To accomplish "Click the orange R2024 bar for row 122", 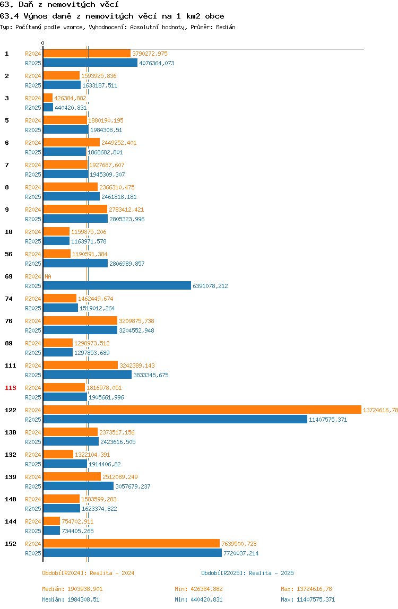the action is coord(202,410).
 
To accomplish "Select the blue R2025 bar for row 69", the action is coord(117,286).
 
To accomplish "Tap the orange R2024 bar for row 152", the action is coord(132,543).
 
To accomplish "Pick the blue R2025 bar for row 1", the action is coord(90,63).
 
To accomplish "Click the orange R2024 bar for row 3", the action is coord(48,98).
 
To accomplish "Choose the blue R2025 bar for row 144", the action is coord(51,530).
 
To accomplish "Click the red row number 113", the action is coord(11,388).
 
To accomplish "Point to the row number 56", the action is coord(8,254).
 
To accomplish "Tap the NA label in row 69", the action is coord(48,276).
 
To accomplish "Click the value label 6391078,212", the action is coord(210,286).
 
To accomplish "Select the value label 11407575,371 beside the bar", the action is coord(328,420).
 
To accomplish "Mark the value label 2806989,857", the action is coord(127,264).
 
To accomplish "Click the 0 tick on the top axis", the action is coord(43,43).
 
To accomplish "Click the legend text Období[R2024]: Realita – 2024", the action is coord(88,573).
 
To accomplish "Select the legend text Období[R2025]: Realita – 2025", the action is coord(248,573).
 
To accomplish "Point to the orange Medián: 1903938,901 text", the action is coord(72,589).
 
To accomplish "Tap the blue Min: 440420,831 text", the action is coord(198,599).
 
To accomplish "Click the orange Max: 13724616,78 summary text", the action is coord(306,589).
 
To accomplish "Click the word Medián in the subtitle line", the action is coord(226,27).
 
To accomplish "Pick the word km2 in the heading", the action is coord(193,16).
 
